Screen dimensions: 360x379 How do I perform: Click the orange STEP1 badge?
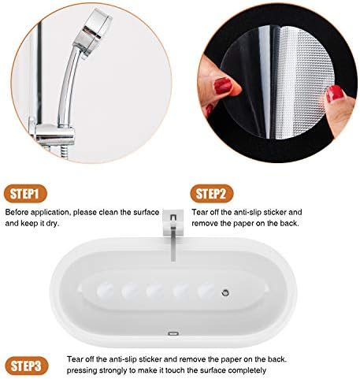tap(25, 194)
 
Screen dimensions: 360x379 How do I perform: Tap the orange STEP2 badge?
tap(212, 194)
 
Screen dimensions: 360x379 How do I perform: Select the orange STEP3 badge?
tap(27, 366)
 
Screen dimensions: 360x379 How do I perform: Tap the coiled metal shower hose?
tap(65, 152)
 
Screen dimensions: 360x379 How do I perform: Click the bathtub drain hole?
tap(225, 292)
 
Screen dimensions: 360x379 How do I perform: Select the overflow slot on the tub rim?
tap(173, 333)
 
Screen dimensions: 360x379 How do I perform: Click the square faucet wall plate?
tap(173, 223)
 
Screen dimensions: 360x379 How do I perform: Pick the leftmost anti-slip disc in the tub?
tap(106, 291)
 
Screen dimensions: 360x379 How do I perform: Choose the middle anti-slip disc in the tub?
tap(155, 291)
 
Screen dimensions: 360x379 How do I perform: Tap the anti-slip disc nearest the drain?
tap(206, 291)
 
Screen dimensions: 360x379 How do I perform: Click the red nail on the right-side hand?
tap(335, 94)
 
